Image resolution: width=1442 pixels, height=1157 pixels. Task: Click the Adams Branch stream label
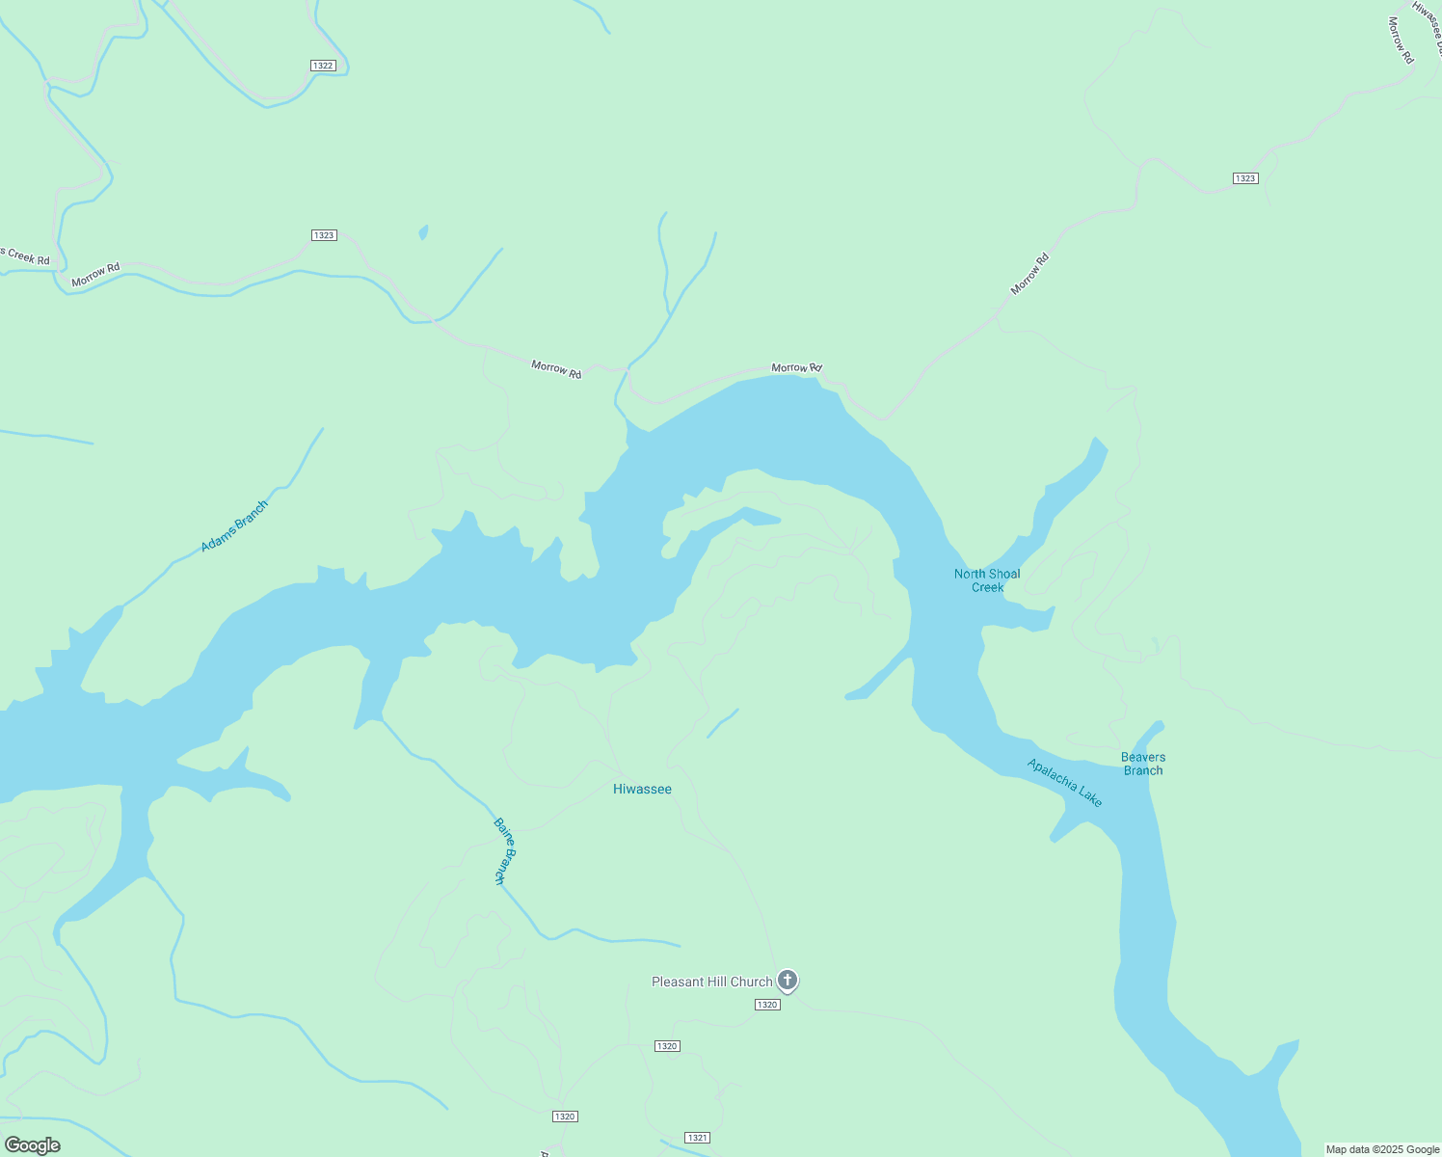(x=234, y=526)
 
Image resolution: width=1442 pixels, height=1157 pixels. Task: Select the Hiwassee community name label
(x=642, y=789)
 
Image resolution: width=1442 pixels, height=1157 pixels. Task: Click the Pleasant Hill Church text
(x=711, y=982)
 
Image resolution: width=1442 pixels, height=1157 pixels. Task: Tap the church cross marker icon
(x=788, y=981)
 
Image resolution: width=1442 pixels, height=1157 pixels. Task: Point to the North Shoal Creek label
(x=987, y=580)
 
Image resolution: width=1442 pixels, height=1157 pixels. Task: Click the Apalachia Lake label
(x=1064, y=782)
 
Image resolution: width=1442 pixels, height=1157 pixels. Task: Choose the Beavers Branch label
(x=1143, y=764)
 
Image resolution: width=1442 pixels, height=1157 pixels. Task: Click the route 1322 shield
(x=323, y=66)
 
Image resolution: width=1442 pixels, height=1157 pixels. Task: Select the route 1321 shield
(x=697, y=1138)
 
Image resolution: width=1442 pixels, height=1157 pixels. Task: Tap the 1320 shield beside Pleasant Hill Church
(x=766, y=1005)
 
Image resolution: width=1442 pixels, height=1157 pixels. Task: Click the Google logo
(x=33, y=1145)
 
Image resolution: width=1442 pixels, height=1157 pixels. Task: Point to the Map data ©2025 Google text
(x=1382, y=1149)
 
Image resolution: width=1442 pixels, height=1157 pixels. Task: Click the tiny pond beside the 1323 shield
(x=423, y=232)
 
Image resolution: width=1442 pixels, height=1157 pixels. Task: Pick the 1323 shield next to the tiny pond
(x=324, y=235)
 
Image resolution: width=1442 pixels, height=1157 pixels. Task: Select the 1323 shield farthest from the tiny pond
(x=1245, y=178)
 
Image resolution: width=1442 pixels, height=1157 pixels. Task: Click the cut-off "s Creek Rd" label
(x=26, y=256)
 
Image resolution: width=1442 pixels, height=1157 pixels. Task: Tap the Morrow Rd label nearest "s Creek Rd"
(x=95, y=275)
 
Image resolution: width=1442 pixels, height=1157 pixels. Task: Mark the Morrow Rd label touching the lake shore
(x=796, y=367)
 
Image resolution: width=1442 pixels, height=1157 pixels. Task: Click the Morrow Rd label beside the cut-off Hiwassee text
(x=1401, y=40)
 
